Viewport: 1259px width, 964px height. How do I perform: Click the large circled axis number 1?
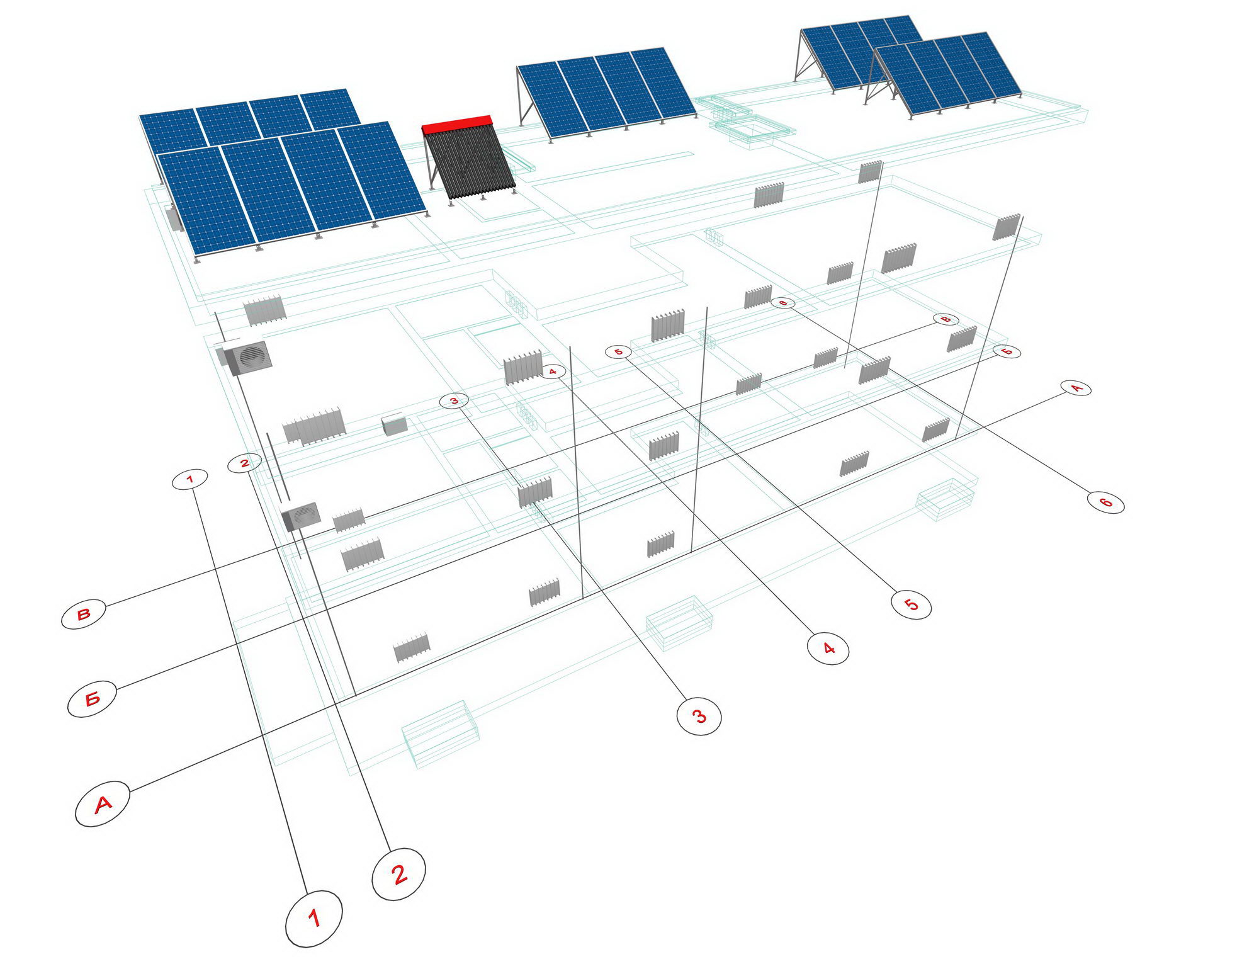click(x=313, y=919)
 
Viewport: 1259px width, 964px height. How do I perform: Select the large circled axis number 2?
click(x=398, y=874)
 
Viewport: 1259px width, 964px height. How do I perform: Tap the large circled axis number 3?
click(x=699, y=716)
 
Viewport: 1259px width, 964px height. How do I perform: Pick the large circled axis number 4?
click(x=828, y=648)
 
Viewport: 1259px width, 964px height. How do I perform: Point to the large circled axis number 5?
click(x=911, y=604)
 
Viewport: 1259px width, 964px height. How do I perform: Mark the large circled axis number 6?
click(x=1105, y=502)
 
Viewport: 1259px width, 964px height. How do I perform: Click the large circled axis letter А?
click(x=103, y=803)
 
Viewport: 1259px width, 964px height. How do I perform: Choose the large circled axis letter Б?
click(x=92, y=698)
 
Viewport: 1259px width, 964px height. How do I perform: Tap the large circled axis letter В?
click(x=84, y=615)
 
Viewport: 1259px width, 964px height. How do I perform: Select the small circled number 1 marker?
click(x=190, y=480)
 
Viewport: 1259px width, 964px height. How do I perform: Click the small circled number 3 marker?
click(x=454, y=400)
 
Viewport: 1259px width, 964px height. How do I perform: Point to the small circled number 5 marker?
click(x=618, y=352)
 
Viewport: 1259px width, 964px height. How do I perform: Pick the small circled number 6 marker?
click(x=782, y=303)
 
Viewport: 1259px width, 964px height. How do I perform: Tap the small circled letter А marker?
click(x=1076, y=388)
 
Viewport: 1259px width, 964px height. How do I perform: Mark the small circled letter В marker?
click(x=946, y=319)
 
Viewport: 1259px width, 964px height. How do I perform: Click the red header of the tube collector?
click(x=457, y=124)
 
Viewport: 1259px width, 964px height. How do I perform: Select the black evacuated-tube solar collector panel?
click(x=469, y=161)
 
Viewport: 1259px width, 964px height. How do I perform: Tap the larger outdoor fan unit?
click(x=247, y=358)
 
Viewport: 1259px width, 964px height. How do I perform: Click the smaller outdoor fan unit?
click(x=301, y=516)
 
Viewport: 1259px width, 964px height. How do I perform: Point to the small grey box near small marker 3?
click(x=395, y=425)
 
